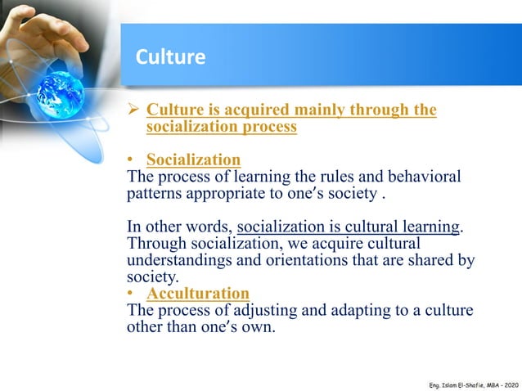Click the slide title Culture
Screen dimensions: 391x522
coord(169,57)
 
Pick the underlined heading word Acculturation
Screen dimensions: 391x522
coord(197,293)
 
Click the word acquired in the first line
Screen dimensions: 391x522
coord(244,110)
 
